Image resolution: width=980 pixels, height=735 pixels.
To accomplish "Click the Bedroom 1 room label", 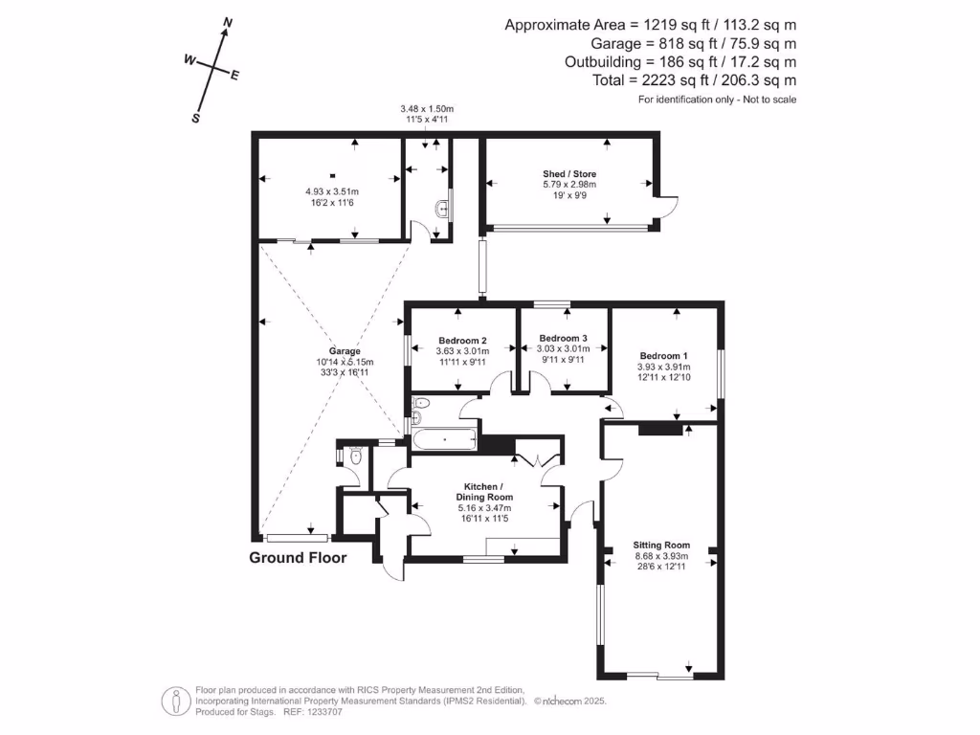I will [659, 356].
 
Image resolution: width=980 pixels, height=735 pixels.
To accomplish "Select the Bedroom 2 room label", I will [462, 341].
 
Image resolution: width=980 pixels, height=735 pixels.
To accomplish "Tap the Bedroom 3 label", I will [563, 338].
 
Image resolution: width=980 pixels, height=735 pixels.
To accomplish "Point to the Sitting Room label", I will [661, 545].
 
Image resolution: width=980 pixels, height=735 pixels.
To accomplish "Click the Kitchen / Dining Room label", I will [488, 492].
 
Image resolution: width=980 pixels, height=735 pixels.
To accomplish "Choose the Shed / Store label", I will [569, 174].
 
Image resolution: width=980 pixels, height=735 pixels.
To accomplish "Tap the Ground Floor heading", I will [298, 558].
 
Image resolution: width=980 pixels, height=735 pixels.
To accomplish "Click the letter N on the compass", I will [228, 22].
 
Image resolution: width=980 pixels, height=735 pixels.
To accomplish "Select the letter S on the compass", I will [196, 119].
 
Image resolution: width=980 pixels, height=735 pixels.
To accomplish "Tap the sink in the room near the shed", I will [441, 209].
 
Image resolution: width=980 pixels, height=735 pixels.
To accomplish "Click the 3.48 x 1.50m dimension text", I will [427, 109].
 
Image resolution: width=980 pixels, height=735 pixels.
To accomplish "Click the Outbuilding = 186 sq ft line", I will [680, 62].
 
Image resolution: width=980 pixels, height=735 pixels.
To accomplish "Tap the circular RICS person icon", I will [175, 701].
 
